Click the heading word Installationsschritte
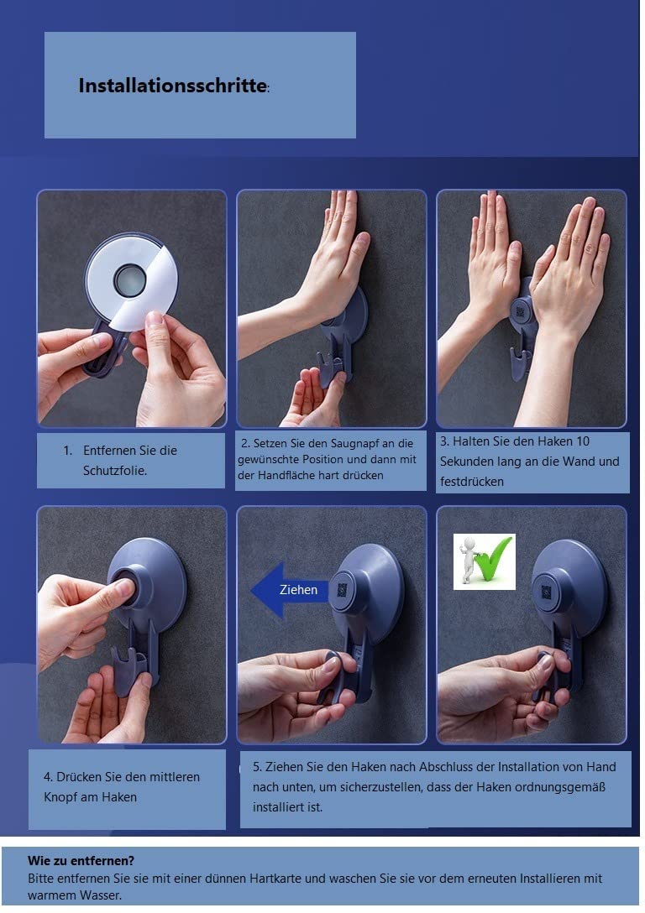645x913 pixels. coord(172,86)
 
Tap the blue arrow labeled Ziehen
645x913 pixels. coord(290,590)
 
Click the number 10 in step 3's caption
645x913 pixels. coord(583,441)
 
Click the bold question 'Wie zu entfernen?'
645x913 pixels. coord(81,861)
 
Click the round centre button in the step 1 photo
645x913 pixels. coord(129,279)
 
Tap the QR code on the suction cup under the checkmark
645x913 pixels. coord(546,592)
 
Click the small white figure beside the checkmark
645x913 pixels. coord(467,560)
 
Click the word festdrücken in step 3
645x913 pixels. coord(472,482)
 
